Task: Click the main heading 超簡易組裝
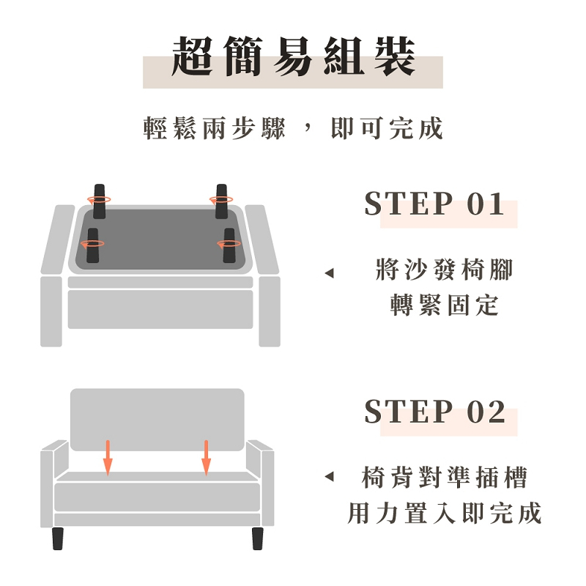(x=294, y=56)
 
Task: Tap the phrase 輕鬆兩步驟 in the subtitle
(x=215, y=128)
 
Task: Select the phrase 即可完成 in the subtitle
(x=387, y=128)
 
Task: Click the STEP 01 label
(x=434, y=204)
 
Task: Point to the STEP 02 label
(x=434, y=412)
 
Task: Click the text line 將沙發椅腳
(x=445, y=270)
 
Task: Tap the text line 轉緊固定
(x=445, y=305)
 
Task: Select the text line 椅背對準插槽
(x=445, y=478)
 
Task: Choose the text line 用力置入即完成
(x=445, y=513)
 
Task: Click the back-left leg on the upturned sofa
(x=99, y=201)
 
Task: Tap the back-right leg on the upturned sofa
(x=221, y=201)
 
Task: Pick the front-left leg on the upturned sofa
(x=93, y=245)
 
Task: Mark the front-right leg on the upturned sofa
(x=229, y=245)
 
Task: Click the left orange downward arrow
(x=108, y=459)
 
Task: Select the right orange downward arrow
(x=206, y=459)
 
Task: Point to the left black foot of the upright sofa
(x=58, y=538)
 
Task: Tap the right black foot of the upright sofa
(x=258, y=538)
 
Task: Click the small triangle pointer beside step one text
(x=330, y=273)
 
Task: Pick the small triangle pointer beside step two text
(x=330, y=476)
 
